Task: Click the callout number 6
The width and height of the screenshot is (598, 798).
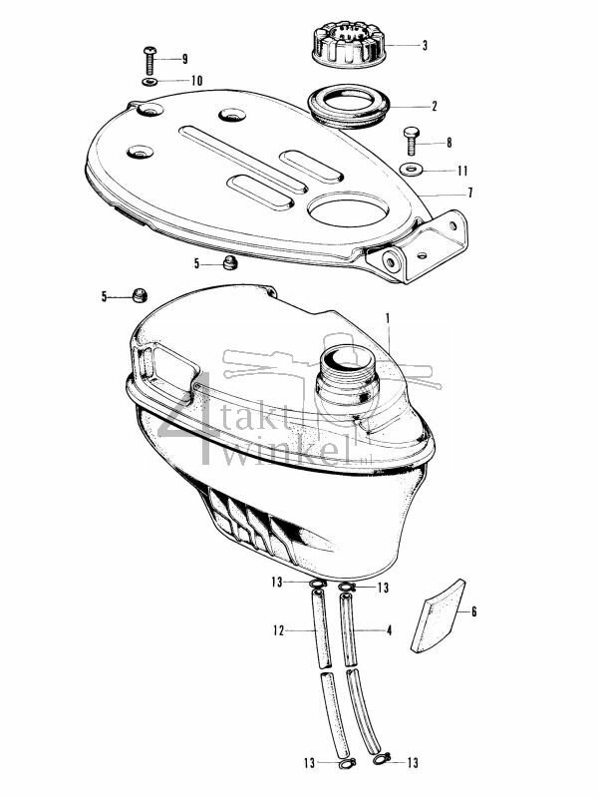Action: click(x=473, y=611)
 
